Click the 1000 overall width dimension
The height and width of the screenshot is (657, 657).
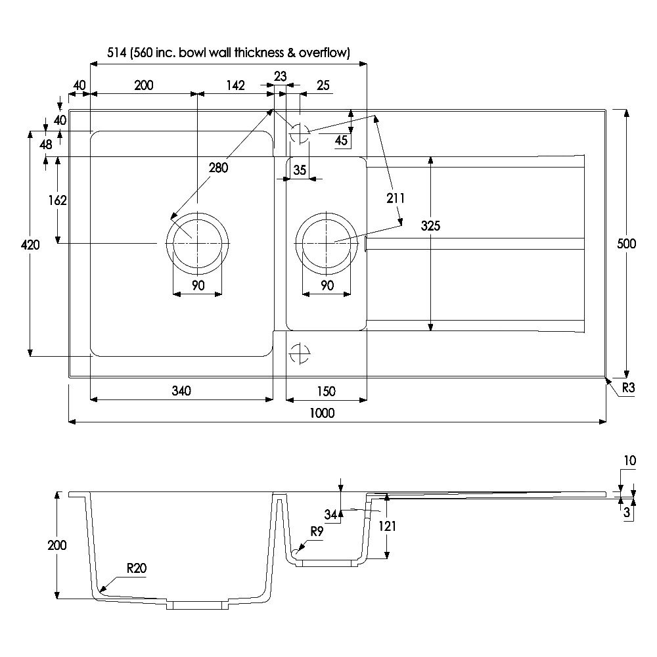click(x=323, y=413)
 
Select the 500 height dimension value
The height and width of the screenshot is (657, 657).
click(x=627, y=244)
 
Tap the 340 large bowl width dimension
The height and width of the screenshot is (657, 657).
click(x=181, y=392)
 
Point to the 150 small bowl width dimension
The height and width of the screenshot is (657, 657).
click(x=325, y=392)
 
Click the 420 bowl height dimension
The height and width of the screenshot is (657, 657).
click(x=30, y=245)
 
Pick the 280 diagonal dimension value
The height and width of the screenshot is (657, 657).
click(x=218, y=168)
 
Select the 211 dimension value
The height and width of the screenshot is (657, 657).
click(x=396, y=198)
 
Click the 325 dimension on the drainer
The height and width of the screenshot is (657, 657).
click(x=430, y=226)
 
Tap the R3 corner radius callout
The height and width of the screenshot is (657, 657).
click(x=628, y=388)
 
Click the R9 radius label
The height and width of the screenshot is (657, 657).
click(x=317, y=533)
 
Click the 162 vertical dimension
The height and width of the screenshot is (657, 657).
click(x=58, y=200)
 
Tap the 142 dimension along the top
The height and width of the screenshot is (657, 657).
click(x=235, y=85)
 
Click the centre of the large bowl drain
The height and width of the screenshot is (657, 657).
click(x=197, y=243)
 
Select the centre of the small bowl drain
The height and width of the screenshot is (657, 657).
click(x=327, y=243)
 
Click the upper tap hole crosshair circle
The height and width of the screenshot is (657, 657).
click(x=300, y=134)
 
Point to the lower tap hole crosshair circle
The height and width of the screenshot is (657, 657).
click(x=300, y=353)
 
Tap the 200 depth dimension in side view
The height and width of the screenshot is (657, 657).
click(x=57, y=545)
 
